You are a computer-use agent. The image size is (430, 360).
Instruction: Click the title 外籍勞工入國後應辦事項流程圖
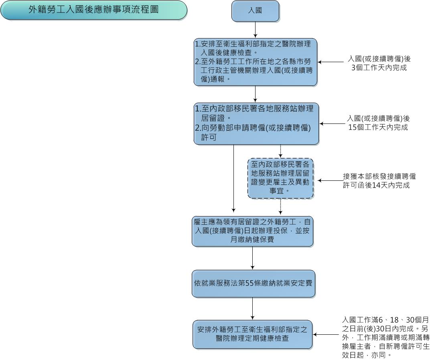[93, 10]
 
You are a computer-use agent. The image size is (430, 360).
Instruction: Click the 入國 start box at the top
[255, 11]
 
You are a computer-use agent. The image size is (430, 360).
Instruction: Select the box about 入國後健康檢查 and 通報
[256, 62]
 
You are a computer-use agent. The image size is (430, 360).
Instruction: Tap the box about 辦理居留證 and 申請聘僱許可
[256, 123]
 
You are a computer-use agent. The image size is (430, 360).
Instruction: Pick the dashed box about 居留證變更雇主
[280, 178]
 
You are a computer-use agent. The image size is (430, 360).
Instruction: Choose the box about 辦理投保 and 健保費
[252, 231]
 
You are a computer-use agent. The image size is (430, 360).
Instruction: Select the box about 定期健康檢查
[252, 334]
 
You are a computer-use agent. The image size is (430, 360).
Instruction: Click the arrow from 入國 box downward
[255, 30]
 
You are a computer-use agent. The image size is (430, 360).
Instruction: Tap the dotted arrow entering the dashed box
[280, 151]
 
